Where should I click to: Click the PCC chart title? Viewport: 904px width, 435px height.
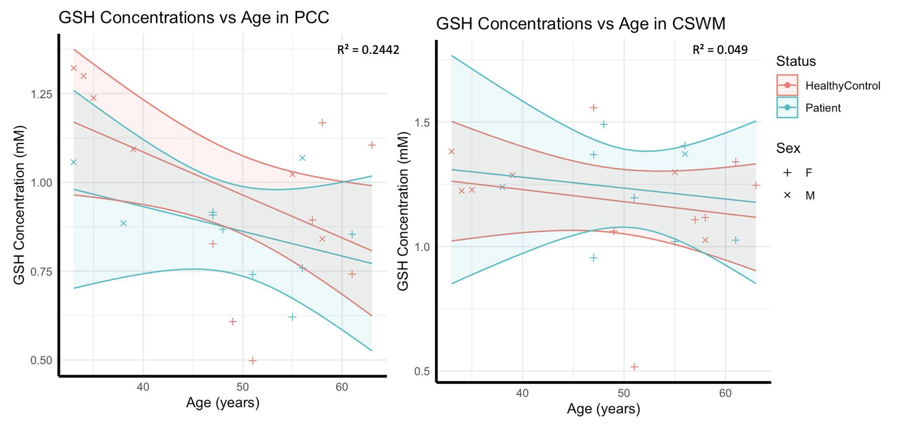coord(194,18)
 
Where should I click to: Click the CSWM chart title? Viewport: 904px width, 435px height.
coord(581,23)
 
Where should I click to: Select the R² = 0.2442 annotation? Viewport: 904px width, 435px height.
coord(368,50)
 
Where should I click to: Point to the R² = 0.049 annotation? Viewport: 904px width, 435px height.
coord(720,50)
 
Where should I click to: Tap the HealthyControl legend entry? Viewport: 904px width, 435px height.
coord(829,86)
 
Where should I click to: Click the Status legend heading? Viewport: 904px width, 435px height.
coord(796,61)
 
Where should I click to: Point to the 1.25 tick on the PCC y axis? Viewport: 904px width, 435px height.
coord(41,94)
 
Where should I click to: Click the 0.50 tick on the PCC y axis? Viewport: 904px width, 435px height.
coord(41,361)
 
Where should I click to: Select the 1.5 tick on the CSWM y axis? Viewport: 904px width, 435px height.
coord(423,123)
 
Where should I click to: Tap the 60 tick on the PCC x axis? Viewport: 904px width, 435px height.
coord(342,387)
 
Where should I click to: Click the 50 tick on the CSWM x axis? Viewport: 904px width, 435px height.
coord(624,393)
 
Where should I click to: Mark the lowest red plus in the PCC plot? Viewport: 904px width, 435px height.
coord(253,361)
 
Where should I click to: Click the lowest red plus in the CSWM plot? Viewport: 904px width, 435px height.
coord(634,367)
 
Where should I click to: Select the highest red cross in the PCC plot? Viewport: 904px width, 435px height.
coord(73,68)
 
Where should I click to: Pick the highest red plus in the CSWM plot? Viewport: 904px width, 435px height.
coord(594,108)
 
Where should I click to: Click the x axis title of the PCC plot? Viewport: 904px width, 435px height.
coord(223,403)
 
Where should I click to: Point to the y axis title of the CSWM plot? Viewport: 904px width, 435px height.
coord(403,211)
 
